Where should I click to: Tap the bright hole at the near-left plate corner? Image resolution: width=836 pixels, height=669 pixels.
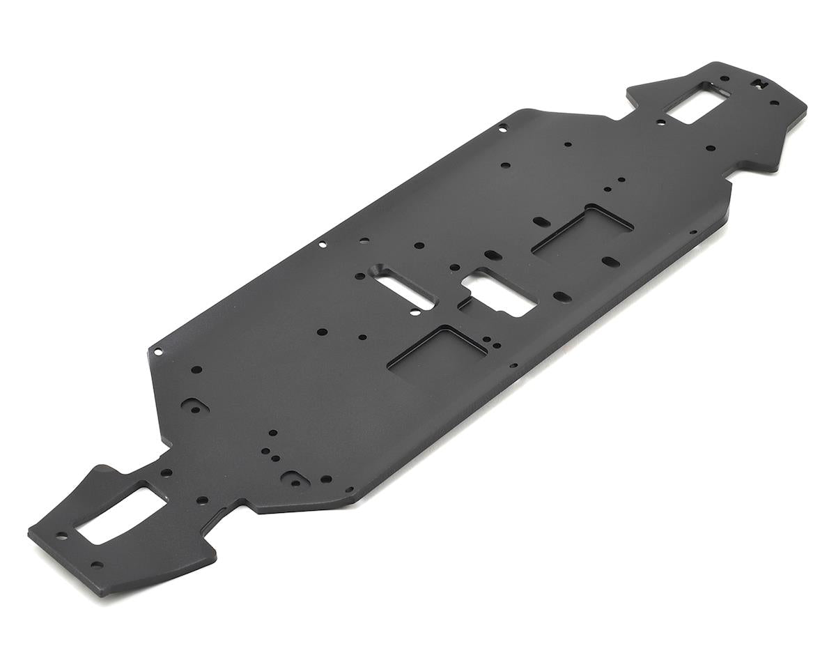pyautogui.click(x=158, y=352)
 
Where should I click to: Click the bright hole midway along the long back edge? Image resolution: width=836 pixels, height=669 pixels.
pyautogui.click(x=322, y=245)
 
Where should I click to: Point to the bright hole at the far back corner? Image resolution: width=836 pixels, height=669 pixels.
pyautogui.click(x=503, y=127)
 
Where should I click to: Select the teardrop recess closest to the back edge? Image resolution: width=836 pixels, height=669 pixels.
pyautogui.click(x=191, y=405)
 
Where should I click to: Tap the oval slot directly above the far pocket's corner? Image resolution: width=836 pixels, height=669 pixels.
pyautogui.click(x=541, y=221)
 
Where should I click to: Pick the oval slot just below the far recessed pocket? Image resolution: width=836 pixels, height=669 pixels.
pyautogui.click(x=610, y=262)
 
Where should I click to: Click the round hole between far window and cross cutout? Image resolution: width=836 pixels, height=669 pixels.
pyautogui.click(x=725, y=79)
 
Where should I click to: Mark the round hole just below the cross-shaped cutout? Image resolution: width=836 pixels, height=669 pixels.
pyautogui.click(x=774, y=103)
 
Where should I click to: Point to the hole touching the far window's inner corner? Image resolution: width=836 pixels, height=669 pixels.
pyautogui.click(x=661, y=123)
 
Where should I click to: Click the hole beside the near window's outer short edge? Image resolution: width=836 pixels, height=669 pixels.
pyautogui.click(x=62, y=536)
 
